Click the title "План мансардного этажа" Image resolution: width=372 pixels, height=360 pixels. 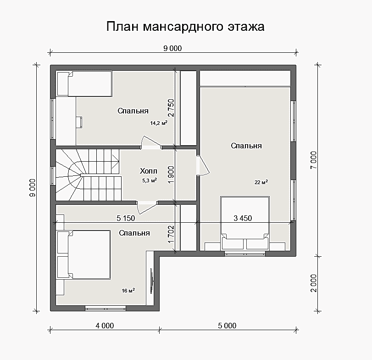point(185,27)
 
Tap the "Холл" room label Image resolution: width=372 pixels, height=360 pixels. point(149,171)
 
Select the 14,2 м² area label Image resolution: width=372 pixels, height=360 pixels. point(159,123)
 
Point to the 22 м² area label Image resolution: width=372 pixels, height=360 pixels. point(261,182)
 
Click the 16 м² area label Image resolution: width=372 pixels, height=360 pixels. point(128,290)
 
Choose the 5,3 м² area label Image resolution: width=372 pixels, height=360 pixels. point(150,180)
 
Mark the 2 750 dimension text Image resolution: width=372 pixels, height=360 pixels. point(171,107)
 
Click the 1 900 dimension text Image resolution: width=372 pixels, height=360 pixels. point(171,174)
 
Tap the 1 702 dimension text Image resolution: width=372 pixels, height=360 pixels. point(171,234)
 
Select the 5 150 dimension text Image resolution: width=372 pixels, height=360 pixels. point(126,218)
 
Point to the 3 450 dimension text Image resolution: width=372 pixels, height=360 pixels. point(243,218)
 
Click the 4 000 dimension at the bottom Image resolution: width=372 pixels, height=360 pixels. point(105,326)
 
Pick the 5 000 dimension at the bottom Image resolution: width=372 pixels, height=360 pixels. point(227,326)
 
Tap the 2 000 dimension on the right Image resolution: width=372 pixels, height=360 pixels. point(313,283)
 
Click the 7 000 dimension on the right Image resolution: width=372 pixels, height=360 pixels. point(313,160)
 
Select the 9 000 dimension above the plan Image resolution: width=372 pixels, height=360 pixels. point(172,48)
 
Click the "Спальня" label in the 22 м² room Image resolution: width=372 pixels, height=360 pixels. point(246,146)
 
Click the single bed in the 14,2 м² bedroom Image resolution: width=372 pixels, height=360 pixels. point(84,84)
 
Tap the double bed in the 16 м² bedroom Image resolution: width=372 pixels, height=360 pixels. point(83,254)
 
